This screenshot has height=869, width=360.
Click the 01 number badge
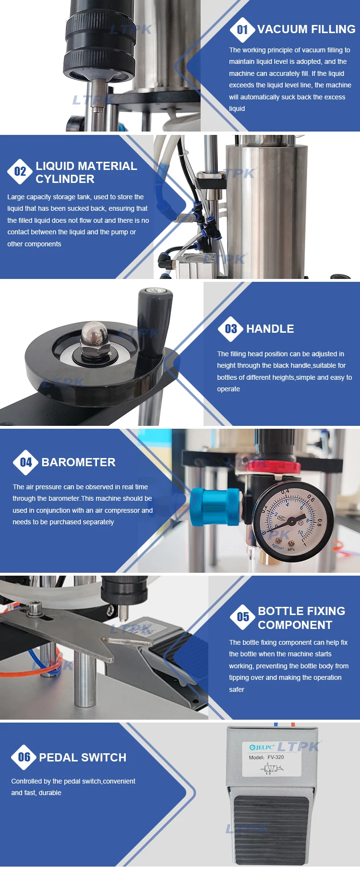click(242, 30)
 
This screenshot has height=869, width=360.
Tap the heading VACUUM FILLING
click(306, 29)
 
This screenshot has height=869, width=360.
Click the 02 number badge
click(20, 171)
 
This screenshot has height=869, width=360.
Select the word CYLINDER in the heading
click(65, 179)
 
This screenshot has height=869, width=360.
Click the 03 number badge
click(231, 329)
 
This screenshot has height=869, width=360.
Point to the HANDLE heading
click(270, 329)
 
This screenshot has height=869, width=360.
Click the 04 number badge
click(26, 462)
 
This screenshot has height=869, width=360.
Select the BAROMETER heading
click(78, 462)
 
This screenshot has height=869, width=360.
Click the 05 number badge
click(243, 617)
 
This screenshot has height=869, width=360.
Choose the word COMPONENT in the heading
click(295, 625)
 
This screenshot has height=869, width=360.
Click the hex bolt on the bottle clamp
click(35, 608)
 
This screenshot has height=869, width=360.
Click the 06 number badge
click(24, 757)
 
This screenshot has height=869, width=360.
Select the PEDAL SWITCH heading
click(83, 758)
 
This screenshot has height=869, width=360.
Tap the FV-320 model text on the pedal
click(276, 757)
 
